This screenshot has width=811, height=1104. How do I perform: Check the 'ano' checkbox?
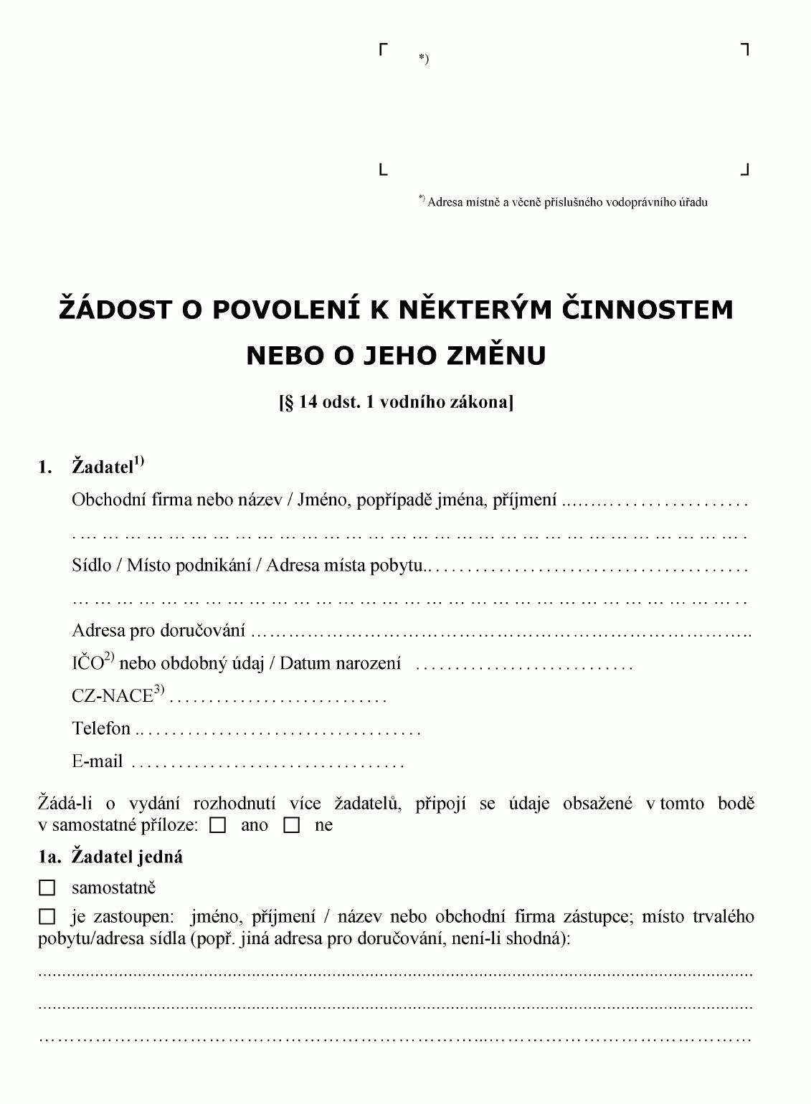click(x=218, y=826)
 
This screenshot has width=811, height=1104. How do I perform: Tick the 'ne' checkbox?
click(x=291, y=826)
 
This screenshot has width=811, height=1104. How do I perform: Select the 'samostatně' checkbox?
click(x=47, y=888)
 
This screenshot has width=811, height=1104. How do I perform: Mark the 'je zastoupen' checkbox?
click(x=47, y=917)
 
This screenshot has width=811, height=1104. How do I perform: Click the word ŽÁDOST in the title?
click(x=116, y=309)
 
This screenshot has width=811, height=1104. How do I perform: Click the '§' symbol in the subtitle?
click(x=289, y=401)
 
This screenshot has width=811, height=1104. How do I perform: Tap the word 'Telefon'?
click(x=101, y=728)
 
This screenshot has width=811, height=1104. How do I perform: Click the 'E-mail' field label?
click(x=98, y=761)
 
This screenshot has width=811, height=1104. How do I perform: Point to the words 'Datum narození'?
click(x=340, y=663)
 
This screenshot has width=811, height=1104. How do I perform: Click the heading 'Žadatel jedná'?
click(x=127, y=857)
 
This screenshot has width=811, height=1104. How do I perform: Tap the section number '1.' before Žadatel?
click(x=45, y=467)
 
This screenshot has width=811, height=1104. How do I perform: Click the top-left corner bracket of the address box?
click(x=384, y=49)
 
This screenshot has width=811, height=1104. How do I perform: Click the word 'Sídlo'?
click(x=92, y=566)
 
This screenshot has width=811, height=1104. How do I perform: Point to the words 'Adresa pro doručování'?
click(x=158, y=631)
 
